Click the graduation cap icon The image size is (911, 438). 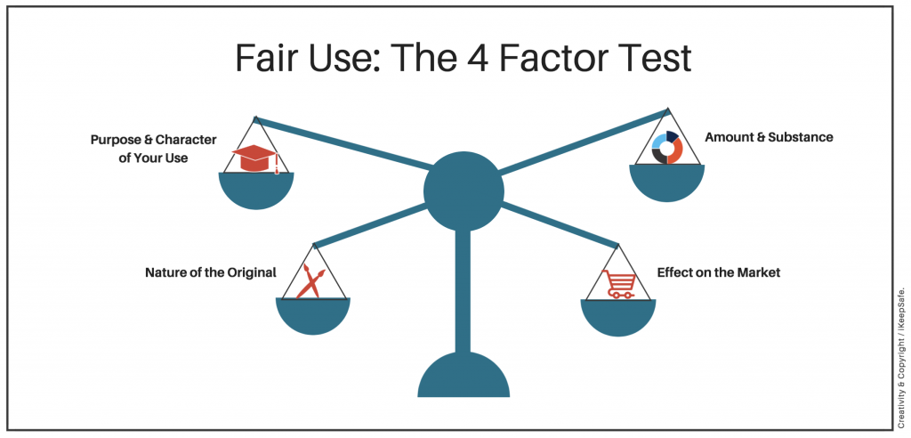255,159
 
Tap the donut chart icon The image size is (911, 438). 666,148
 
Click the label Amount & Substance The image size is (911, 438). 769,137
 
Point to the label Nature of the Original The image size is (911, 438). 211,272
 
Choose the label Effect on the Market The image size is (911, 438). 718,272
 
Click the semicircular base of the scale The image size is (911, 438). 464,377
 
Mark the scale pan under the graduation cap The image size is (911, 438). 256,190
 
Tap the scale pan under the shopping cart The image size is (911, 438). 618,316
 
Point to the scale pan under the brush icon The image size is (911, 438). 313,316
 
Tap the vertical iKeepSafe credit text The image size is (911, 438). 901,346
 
